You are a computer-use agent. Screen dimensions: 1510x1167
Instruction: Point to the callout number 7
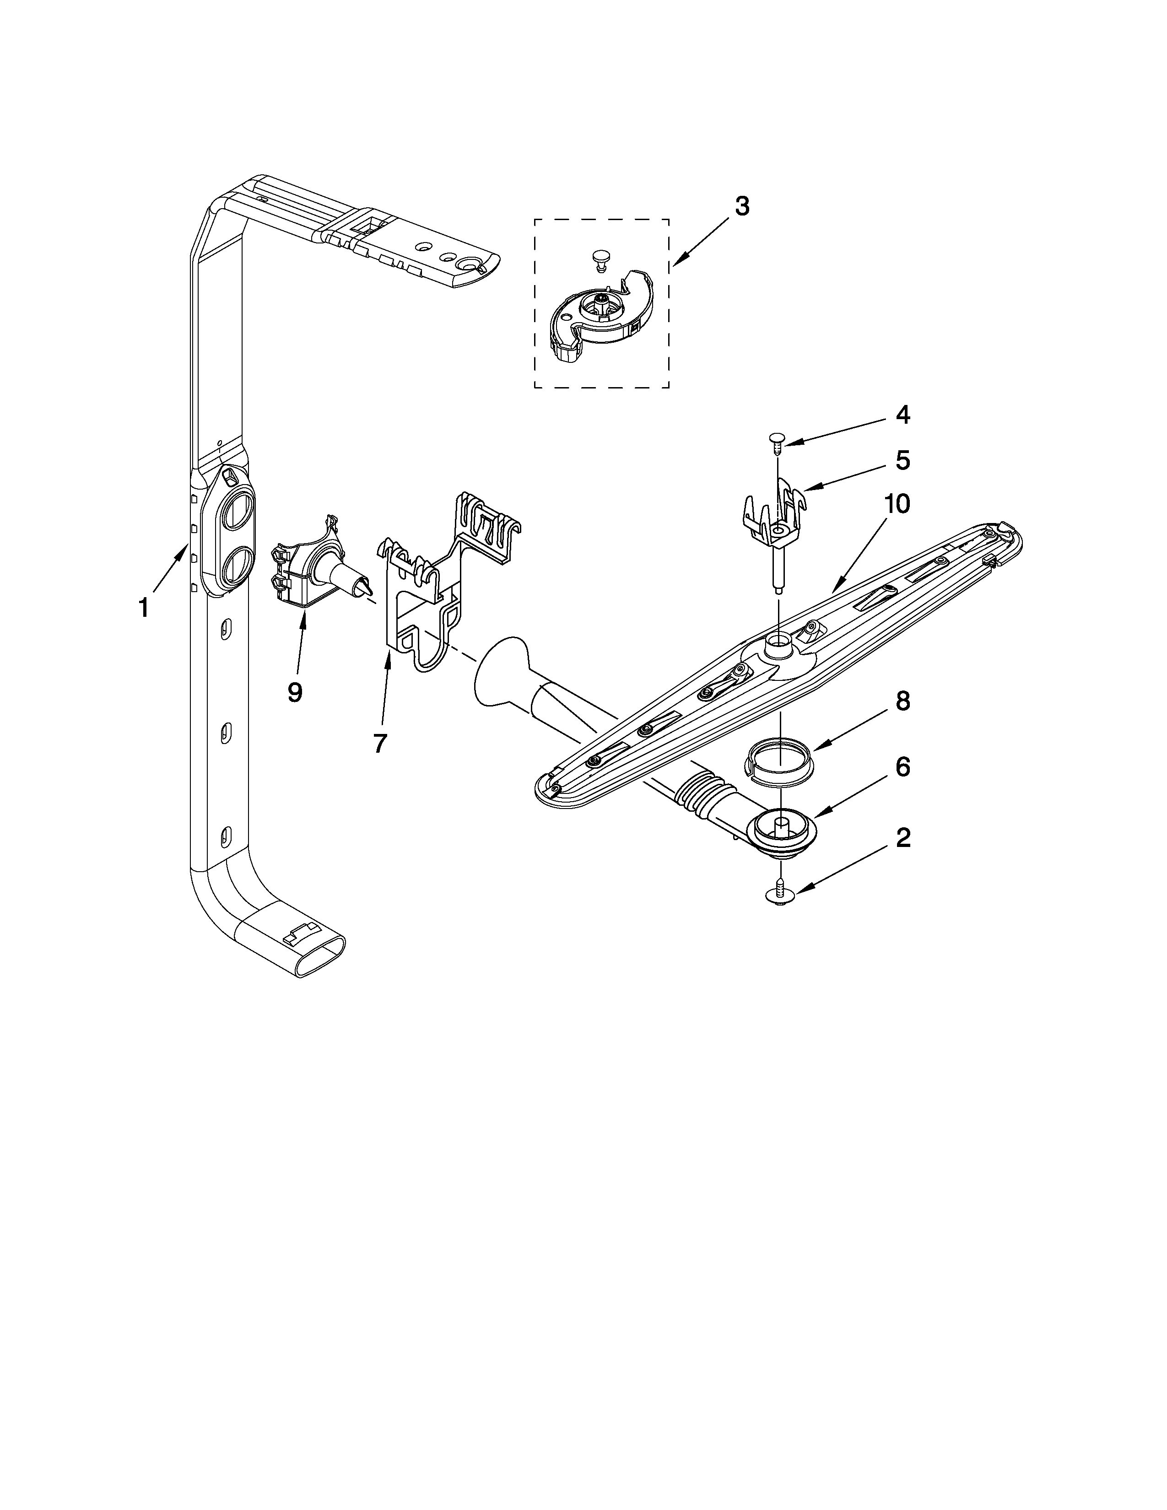pos(379,743)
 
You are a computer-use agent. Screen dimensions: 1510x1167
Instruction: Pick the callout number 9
pos(295,691)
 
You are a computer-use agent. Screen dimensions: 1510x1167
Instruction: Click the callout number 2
pos(903,838)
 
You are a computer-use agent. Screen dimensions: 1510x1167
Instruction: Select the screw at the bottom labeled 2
pos(780,895)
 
